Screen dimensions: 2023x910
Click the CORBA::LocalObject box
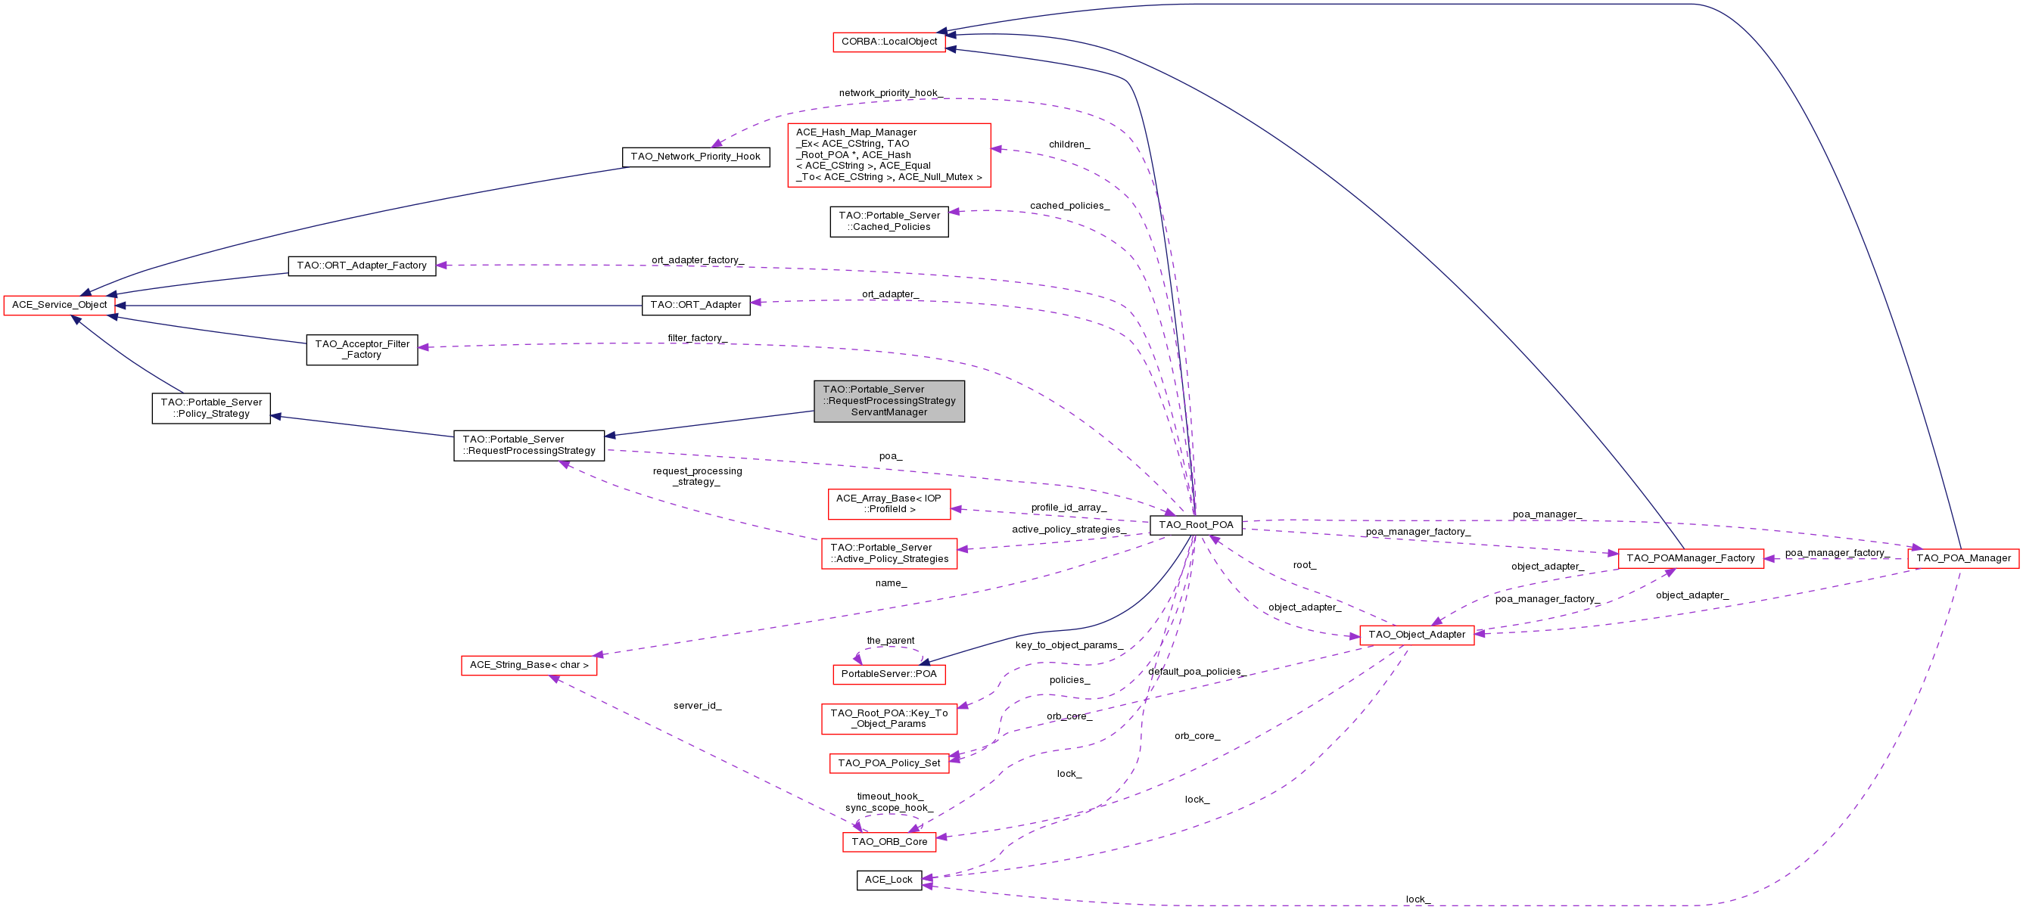(889, 42)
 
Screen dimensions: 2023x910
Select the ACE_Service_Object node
(60, 305)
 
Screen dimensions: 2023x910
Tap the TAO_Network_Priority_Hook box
(696, 157)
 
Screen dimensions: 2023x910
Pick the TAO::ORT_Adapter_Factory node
(362, 266)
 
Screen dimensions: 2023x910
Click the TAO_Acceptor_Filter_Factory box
(362, 349)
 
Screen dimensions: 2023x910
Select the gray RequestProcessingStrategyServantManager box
(889, 401)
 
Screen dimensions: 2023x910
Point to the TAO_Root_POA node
(1196, 525)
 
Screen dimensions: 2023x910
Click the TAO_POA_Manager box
(1963, 558)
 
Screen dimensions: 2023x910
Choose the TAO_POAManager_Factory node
(1691, 558)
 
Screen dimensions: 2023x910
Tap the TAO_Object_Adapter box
(1417, 635)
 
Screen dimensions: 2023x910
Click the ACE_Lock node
(889, 880)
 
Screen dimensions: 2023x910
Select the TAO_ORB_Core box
(889, 842)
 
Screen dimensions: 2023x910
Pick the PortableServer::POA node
(889, 674)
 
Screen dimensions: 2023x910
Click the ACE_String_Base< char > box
(529, 665)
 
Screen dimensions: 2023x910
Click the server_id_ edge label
(697, 706)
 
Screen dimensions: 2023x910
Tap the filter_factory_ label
(697, 338)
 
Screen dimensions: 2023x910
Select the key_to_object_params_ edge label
(1069, 645)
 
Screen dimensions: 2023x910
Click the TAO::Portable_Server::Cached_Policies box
(889, 222)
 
